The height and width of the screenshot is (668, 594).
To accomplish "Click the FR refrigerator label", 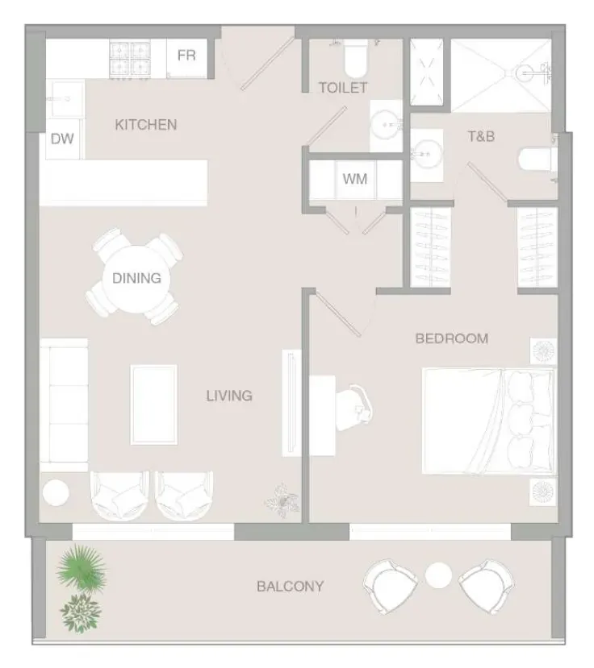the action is tap(186, 56).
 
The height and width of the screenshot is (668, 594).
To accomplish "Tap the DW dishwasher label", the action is tap(62, 139).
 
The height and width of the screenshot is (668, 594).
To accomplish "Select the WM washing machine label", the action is tap(354, 179).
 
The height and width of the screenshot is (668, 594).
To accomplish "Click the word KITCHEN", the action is tap(146, 125).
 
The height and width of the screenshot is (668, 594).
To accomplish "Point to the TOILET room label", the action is tap(343, 88).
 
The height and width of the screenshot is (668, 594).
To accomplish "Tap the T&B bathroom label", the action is tap(481, 136).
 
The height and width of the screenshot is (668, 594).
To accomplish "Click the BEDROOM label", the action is tap(452, 338).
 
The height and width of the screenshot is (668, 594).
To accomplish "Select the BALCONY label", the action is tap(291, 587).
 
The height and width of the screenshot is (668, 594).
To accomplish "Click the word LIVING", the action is tap(229, 396).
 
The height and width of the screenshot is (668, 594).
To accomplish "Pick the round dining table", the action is tap(136, 279).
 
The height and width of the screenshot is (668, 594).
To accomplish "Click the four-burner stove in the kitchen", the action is tap(130, 60).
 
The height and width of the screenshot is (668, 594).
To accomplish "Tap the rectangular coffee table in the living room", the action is tap(153, 405).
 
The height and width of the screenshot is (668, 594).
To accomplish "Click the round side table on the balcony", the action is tap(438, 575).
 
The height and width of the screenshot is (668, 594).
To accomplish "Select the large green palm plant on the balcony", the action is tap(82, 568).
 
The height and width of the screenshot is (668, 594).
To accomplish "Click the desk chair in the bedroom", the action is tap(354, 408).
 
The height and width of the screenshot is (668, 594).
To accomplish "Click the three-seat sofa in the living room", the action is tap(64, 405).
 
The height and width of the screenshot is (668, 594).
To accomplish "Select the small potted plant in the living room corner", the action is tap(282, 501).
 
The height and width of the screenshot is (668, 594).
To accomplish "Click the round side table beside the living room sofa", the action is tap(56, 492).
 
